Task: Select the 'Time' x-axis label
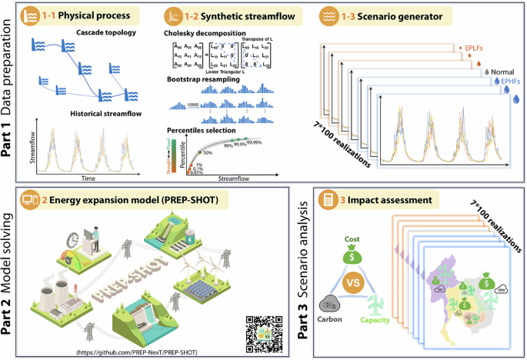point(88,177)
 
